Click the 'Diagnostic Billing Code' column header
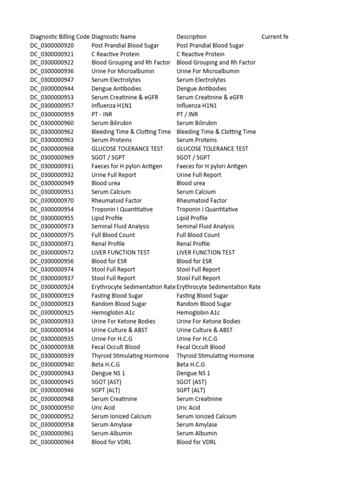pos(60,37)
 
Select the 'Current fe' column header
pos(275,37)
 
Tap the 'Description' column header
pos(191,37)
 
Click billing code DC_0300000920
pos(52,45)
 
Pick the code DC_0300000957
pos(52,106)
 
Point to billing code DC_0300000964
pos(52,442)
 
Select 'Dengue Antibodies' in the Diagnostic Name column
pos(116,89)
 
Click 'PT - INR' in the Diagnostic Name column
pos(102,114)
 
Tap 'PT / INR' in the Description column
pos(187,114)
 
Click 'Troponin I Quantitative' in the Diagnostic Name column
pos(122,209)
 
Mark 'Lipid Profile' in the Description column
pos(192,218)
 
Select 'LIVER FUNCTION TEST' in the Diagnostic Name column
pos(120,252)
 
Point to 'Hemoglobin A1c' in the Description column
pos(198,313)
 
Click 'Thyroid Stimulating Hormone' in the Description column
pos(215,356)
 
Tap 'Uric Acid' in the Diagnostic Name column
pos(103,408)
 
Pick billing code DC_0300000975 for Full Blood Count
pos(52,235)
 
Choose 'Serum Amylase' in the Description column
pos(197,425)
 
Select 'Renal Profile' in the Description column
pos(193,244)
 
